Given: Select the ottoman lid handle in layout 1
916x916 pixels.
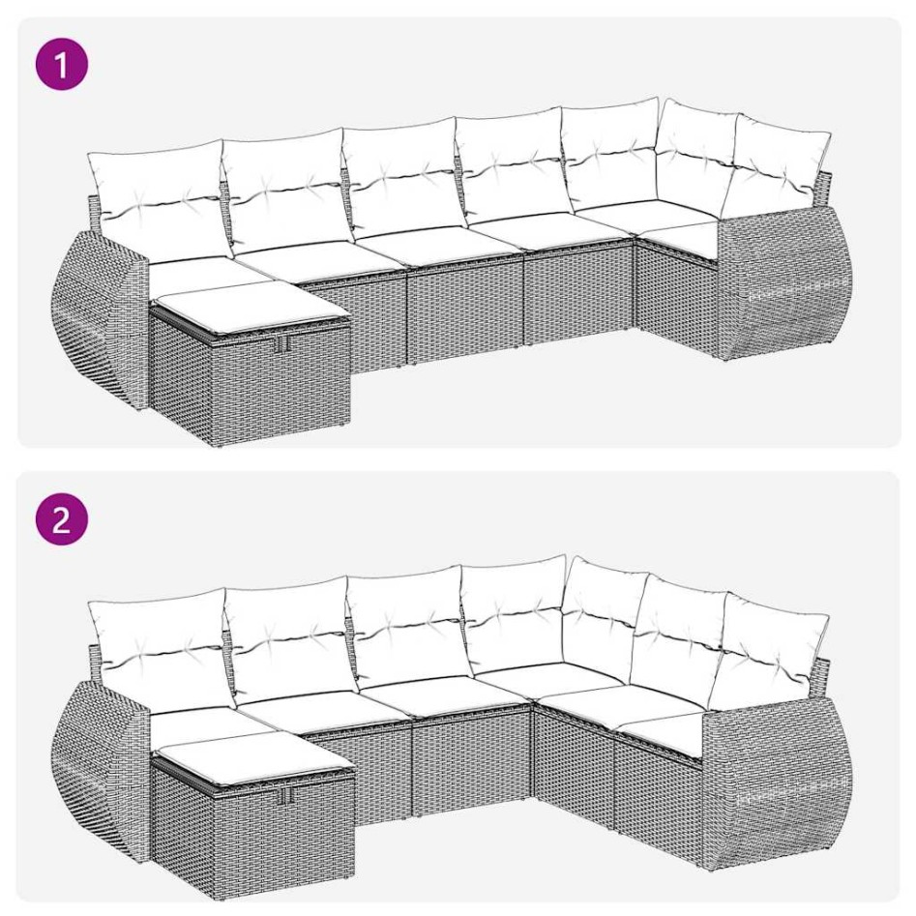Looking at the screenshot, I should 281,344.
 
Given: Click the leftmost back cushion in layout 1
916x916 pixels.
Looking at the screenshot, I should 155,198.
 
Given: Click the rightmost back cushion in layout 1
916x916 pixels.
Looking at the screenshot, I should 782,164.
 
